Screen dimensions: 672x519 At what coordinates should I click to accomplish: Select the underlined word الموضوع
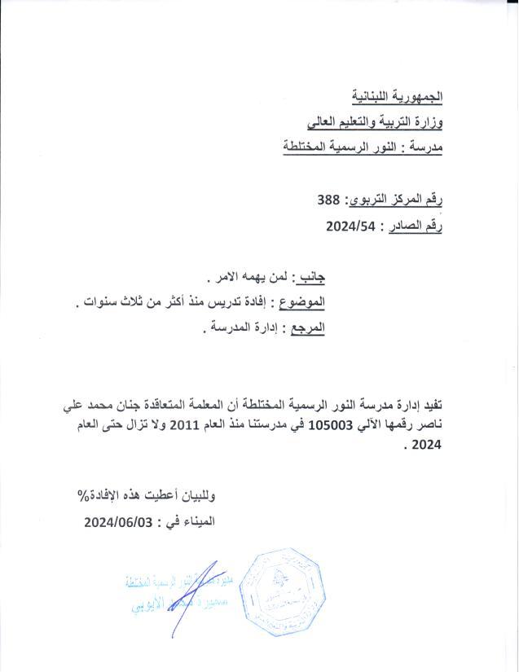(x=301, y=303)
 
